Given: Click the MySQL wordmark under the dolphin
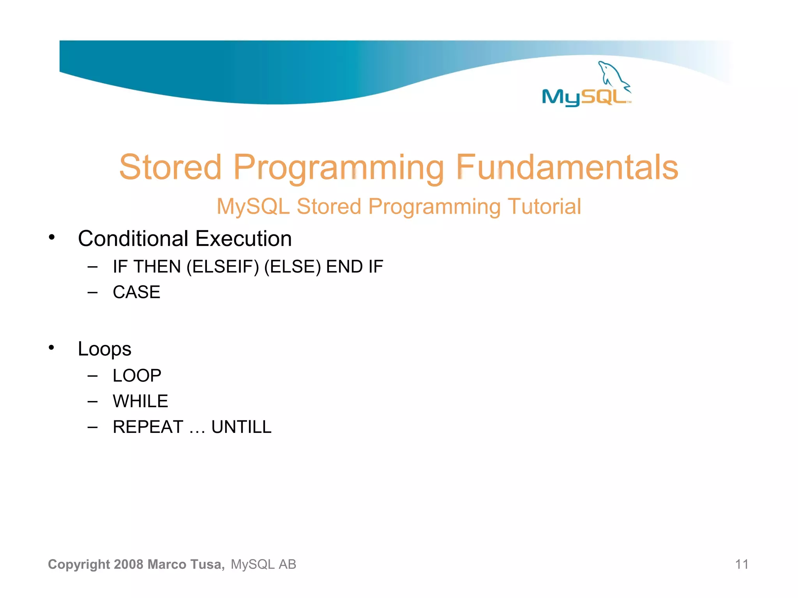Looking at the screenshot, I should [584, 97].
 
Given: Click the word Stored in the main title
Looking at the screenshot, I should [170, 167].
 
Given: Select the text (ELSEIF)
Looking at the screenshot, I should [222, 267].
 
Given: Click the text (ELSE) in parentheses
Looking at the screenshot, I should [292, 267].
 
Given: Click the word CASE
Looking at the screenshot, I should [136, 292].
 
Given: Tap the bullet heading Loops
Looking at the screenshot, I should [104, 349].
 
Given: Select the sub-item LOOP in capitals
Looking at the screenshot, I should [137, 376].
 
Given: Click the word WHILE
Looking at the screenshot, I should [140, 401].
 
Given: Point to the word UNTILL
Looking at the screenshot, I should [241, 427].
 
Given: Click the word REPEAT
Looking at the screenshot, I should [148, 427].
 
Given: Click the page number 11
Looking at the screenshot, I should [742, 564].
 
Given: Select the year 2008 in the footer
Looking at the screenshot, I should [129, 564].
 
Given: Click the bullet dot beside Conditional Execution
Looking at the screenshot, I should [51, 237].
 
